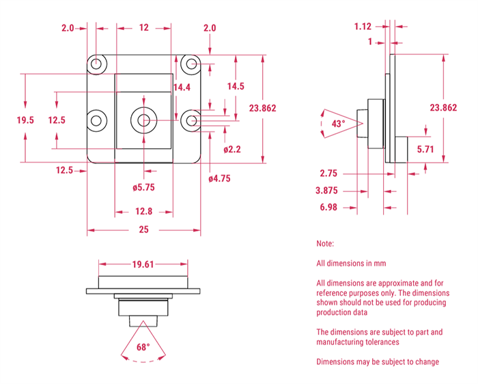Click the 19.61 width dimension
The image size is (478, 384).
(x=143, y=264)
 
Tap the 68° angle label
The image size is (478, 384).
(x=143, y=347)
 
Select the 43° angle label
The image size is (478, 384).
(x=337, y=124)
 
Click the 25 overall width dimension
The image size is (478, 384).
(x=143, y=230)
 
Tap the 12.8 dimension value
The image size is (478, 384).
(x=143, y=211)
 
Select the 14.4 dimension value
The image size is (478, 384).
(x=182, y=87)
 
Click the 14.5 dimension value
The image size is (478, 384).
(x=236, y=87)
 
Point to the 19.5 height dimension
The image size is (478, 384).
(x=25, y=120)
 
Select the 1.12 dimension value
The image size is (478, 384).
(x=363, y=27)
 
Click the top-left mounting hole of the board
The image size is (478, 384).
(x=97, y=64)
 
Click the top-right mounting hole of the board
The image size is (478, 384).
(x=192, y=64)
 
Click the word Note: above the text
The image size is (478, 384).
(x=325, y=244)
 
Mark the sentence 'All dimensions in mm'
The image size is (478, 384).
(x=351, y=263)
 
